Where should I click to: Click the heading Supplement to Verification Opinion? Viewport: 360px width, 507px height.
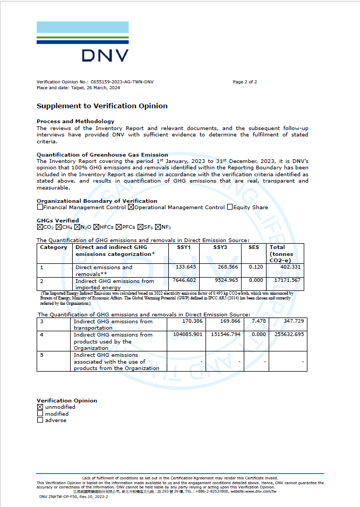tap(102, 106)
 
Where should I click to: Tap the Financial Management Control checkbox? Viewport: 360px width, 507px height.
tap(40, 208)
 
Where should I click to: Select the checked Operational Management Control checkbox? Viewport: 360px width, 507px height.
tap(131, 208)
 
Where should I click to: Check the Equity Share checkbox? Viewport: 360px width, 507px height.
tap(230, 208)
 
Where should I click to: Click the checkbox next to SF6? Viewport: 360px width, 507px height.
tap(140, 227)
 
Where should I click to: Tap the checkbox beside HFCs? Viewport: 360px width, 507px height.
tap(96, 227)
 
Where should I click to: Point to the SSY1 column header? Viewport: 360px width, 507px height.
tap(184, 247)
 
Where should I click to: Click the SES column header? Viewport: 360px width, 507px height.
tap(254, 247)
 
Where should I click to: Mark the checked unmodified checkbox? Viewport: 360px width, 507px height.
tap(40, 407)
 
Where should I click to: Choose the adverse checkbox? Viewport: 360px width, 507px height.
tap(40, 420)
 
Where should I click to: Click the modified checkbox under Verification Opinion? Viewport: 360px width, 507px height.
tap(40, 414)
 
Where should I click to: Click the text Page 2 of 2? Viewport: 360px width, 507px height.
tap(245, 82)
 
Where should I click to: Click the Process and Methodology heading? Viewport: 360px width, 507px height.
tap(75, 122)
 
